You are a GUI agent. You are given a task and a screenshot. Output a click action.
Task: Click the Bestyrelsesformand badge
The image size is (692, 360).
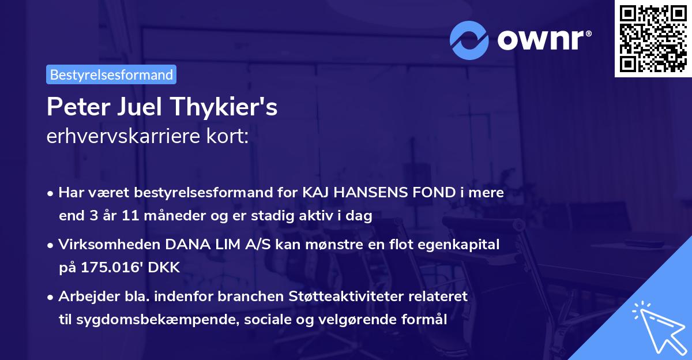[x=111, y=74]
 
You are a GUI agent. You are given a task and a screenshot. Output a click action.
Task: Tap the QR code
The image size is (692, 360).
[x=652, y=39]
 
